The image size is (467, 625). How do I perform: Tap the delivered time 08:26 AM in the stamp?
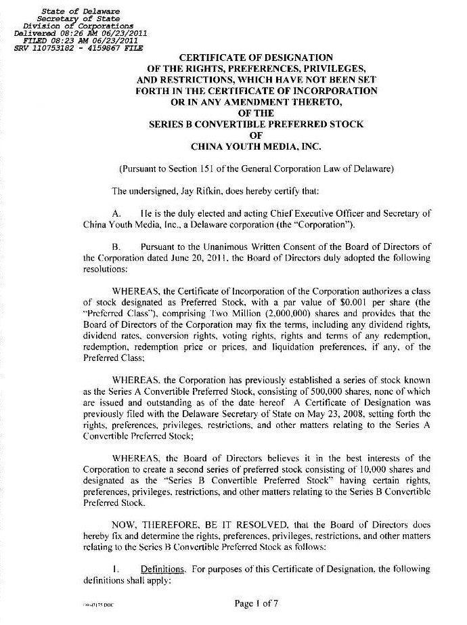coord(76,33)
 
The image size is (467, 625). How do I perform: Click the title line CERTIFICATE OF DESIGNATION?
coord(255,58)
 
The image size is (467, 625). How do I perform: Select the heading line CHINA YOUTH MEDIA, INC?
coord(256,146)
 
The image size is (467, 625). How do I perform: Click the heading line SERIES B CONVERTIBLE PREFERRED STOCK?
coord(256,124)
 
